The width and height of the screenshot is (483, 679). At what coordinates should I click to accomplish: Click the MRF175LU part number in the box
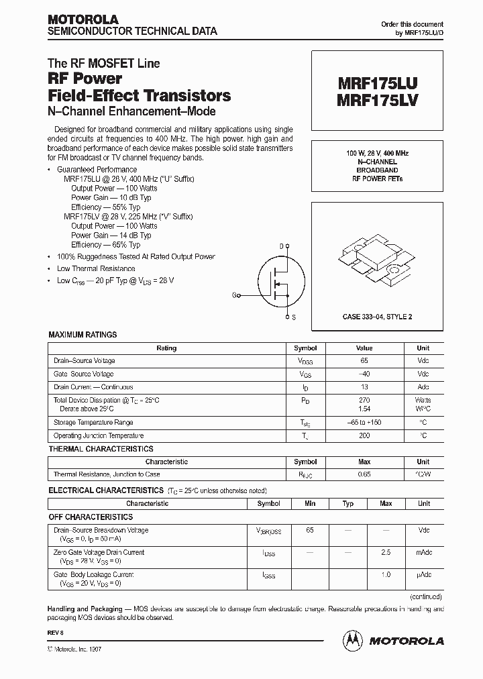click(x=378, y=85)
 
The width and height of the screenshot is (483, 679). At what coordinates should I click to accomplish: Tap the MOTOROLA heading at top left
click(x=83, y=19)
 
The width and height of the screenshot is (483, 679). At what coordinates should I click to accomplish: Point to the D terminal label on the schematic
click(x=282, y=246)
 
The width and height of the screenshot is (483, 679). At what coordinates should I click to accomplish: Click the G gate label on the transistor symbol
click(x=235, y=295)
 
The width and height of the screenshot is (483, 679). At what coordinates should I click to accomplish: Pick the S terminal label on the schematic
click(x=294, y=315)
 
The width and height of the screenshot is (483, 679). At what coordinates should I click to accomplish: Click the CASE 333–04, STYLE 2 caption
click(x=378, y=316)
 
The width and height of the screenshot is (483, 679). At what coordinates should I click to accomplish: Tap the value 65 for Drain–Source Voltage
click(x=364, y=361)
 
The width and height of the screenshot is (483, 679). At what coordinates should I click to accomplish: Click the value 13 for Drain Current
click(x=364, y=387)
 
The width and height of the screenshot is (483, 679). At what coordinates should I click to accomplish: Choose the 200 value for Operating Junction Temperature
click(x=364, y=435)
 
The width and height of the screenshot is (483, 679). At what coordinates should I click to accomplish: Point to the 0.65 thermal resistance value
click(x=364, y=474)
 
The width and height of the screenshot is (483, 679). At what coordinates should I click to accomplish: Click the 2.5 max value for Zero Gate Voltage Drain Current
click(x=386, y=553)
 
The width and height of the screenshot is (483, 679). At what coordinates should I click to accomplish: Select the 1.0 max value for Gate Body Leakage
click(x=386, y=575)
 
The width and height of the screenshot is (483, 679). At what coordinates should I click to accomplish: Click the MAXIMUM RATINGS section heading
click(x=83, y=335)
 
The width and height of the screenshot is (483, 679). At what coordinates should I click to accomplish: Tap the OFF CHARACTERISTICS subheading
click(x=91, y=517)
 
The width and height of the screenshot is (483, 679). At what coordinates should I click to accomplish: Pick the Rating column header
click(x=166, y=348)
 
